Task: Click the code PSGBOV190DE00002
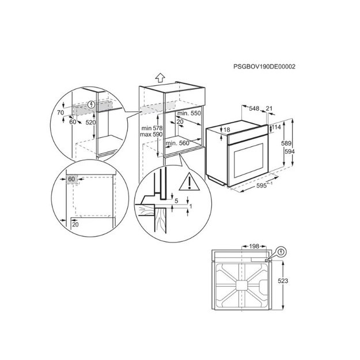264,67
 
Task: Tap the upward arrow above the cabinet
160,78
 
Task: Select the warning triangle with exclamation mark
189,181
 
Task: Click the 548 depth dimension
254,108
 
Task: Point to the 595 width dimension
262,185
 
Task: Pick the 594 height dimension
290,151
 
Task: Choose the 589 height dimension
286,143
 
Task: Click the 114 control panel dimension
276,127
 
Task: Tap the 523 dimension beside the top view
283,281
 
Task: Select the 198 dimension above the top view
254,247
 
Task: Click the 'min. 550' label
189,113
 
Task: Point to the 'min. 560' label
177,143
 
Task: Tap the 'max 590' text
151,134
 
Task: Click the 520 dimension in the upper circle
90,123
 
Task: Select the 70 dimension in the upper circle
60,112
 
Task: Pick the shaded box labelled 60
72,179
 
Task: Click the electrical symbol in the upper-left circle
92,105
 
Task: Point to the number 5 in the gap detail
176,201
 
